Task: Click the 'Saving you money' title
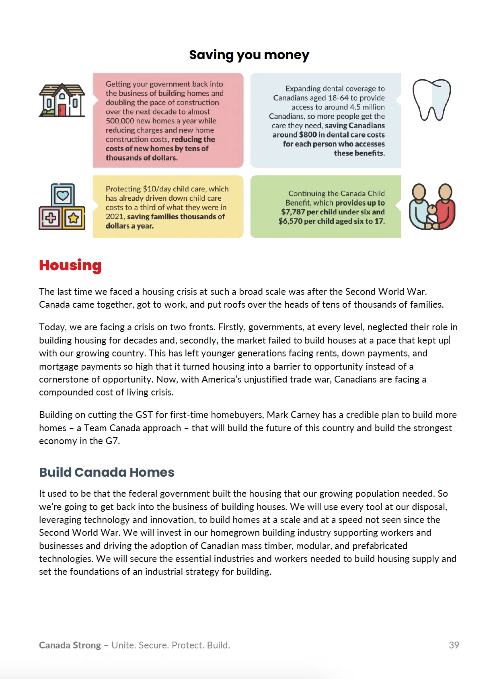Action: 249,55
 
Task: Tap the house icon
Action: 62,100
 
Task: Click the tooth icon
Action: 431,100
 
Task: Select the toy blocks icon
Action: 62,207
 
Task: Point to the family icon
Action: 432,207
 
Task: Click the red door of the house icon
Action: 62,110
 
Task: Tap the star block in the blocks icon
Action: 74,218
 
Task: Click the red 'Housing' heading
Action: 70,265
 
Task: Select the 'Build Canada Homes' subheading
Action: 107,472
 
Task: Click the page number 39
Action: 454,645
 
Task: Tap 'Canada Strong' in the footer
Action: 70,645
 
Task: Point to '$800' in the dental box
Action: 308,135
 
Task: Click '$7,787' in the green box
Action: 293,212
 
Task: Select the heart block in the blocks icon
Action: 63,195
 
